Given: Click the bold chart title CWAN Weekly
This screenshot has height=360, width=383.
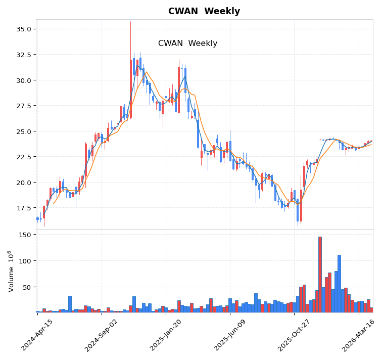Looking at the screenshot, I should click(204, 11).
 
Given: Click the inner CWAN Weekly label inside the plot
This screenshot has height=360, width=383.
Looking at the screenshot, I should click(187, 43).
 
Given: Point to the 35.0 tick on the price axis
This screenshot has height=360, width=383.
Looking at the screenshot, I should click(23, 29).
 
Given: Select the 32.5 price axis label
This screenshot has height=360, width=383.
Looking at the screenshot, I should click(23, 55).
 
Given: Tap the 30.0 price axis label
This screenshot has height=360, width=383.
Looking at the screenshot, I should click(23, 80).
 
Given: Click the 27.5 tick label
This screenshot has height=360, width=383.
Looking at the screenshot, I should click(23, 106).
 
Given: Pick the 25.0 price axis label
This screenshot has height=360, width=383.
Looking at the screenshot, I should click(23, 131).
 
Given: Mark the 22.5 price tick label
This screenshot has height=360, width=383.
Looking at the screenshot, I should click(23, 157).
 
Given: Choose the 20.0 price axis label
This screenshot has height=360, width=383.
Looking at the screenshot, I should click(23, 183).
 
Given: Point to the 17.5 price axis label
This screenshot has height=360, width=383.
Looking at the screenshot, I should click(23, 208).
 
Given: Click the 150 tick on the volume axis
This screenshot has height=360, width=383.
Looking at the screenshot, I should click(26, 235).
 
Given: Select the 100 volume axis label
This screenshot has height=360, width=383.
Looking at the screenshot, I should click(26, 261).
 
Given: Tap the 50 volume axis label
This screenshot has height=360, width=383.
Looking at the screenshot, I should click(28, 287).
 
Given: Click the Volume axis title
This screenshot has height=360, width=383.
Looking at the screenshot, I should click(11, 271).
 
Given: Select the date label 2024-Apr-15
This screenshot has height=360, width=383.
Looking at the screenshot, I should click(37, 335).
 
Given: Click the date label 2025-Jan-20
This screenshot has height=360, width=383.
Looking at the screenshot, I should click(166, 335).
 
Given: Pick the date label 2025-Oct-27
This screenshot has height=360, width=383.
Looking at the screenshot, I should click(295, 335).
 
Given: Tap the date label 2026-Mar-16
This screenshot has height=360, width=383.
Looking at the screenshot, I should click(359, 335).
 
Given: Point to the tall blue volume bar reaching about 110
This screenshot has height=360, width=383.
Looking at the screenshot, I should click(339, 284).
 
